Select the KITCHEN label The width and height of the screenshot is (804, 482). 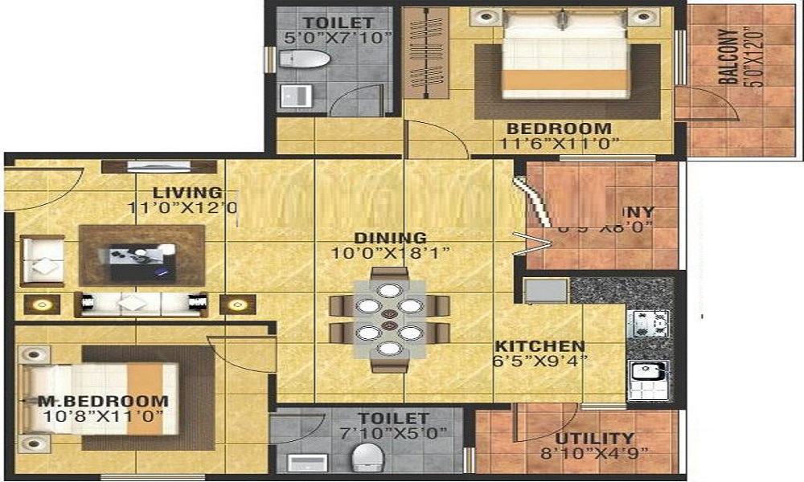click(x=539, y=346)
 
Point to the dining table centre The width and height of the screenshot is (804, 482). click(x=388, y=317)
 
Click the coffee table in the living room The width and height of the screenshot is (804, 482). click(x=141, y=259)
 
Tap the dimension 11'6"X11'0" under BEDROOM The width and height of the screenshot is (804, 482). click(x=558, y=145)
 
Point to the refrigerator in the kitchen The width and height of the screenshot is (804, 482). click(x=546, y=291)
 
